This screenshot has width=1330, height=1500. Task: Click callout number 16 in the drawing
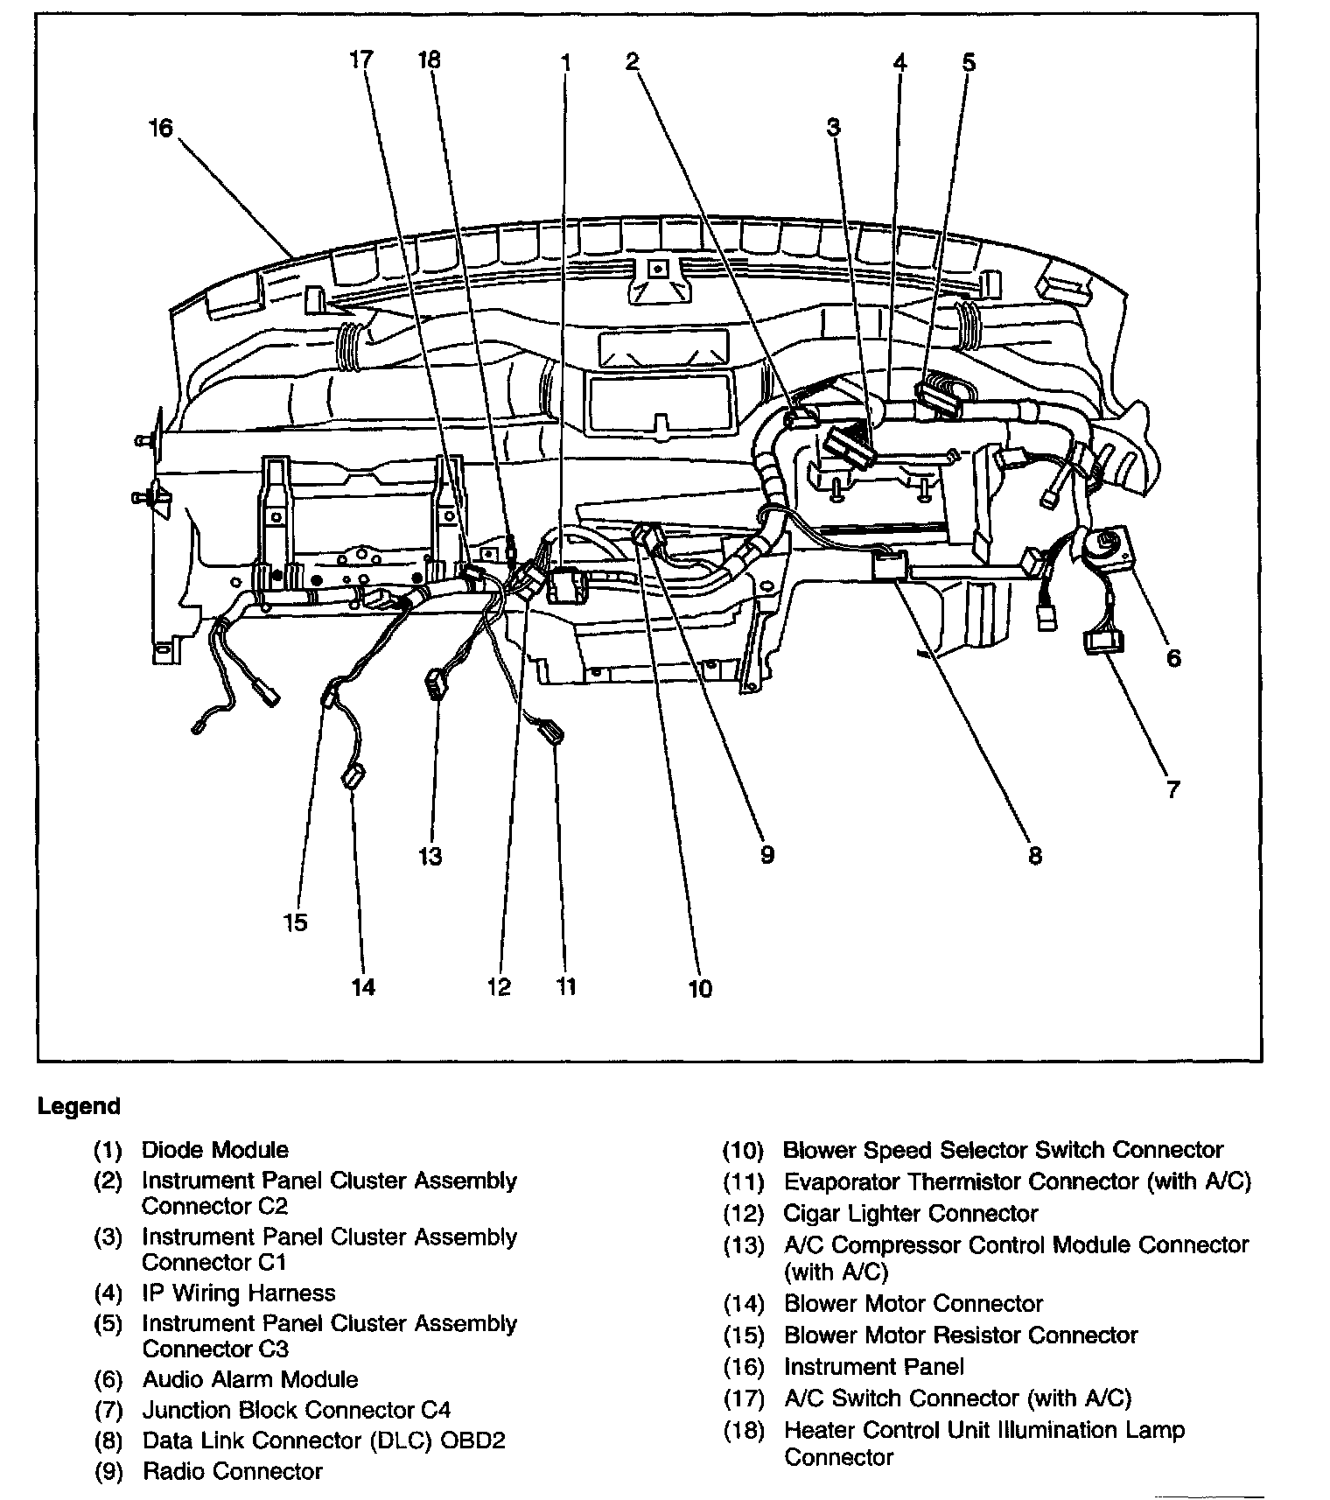point(161,129)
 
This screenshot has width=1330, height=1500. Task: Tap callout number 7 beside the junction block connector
point(1172,789)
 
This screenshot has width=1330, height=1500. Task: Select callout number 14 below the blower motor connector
point(363,987)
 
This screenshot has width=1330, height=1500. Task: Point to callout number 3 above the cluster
point(833,128)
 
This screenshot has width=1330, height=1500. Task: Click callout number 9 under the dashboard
point(766,854)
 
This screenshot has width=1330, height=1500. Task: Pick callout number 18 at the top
point(429,60)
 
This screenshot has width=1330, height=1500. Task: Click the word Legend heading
point(79,1106)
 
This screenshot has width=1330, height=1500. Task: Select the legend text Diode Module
point(214,1149)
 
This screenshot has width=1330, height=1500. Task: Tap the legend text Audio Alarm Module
point(249,1379)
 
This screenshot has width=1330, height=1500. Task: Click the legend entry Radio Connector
point(232,1471)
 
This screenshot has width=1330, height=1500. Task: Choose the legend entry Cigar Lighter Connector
point(910,1213)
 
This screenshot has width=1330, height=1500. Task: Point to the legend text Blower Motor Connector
point(913,1303)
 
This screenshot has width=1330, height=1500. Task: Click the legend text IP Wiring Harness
point(238,1293)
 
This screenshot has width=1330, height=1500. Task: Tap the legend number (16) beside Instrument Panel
point(744,1366)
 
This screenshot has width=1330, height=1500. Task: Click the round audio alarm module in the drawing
point(1103,547)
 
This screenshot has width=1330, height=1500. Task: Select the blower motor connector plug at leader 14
point(353,775)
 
